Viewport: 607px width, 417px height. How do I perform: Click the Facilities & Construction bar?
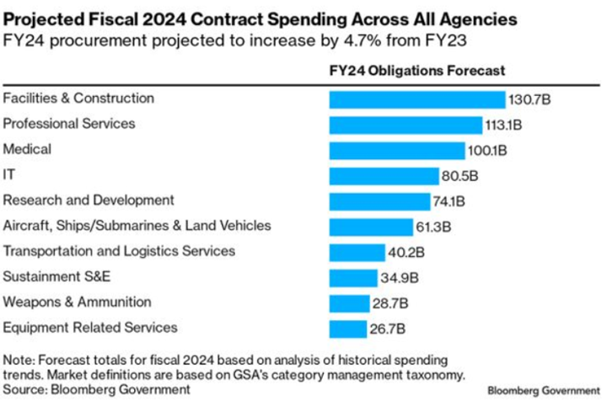(x=416, y=99)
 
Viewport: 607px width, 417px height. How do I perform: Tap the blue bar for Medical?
(x=396, y=150)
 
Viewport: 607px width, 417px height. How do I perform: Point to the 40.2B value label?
(x=406, y=253)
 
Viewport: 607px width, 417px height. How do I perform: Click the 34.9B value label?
(x=400, y=278)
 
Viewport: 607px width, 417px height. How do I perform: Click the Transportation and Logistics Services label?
(x=119, y=251)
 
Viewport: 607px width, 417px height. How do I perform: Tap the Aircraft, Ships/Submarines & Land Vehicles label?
(x=137, y=225)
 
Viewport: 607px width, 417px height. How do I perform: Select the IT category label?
(x=9, y=174)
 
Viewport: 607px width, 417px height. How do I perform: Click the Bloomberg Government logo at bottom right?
(x=542, y=391)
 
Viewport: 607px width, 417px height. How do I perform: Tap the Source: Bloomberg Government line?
(x=97, y=389)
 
